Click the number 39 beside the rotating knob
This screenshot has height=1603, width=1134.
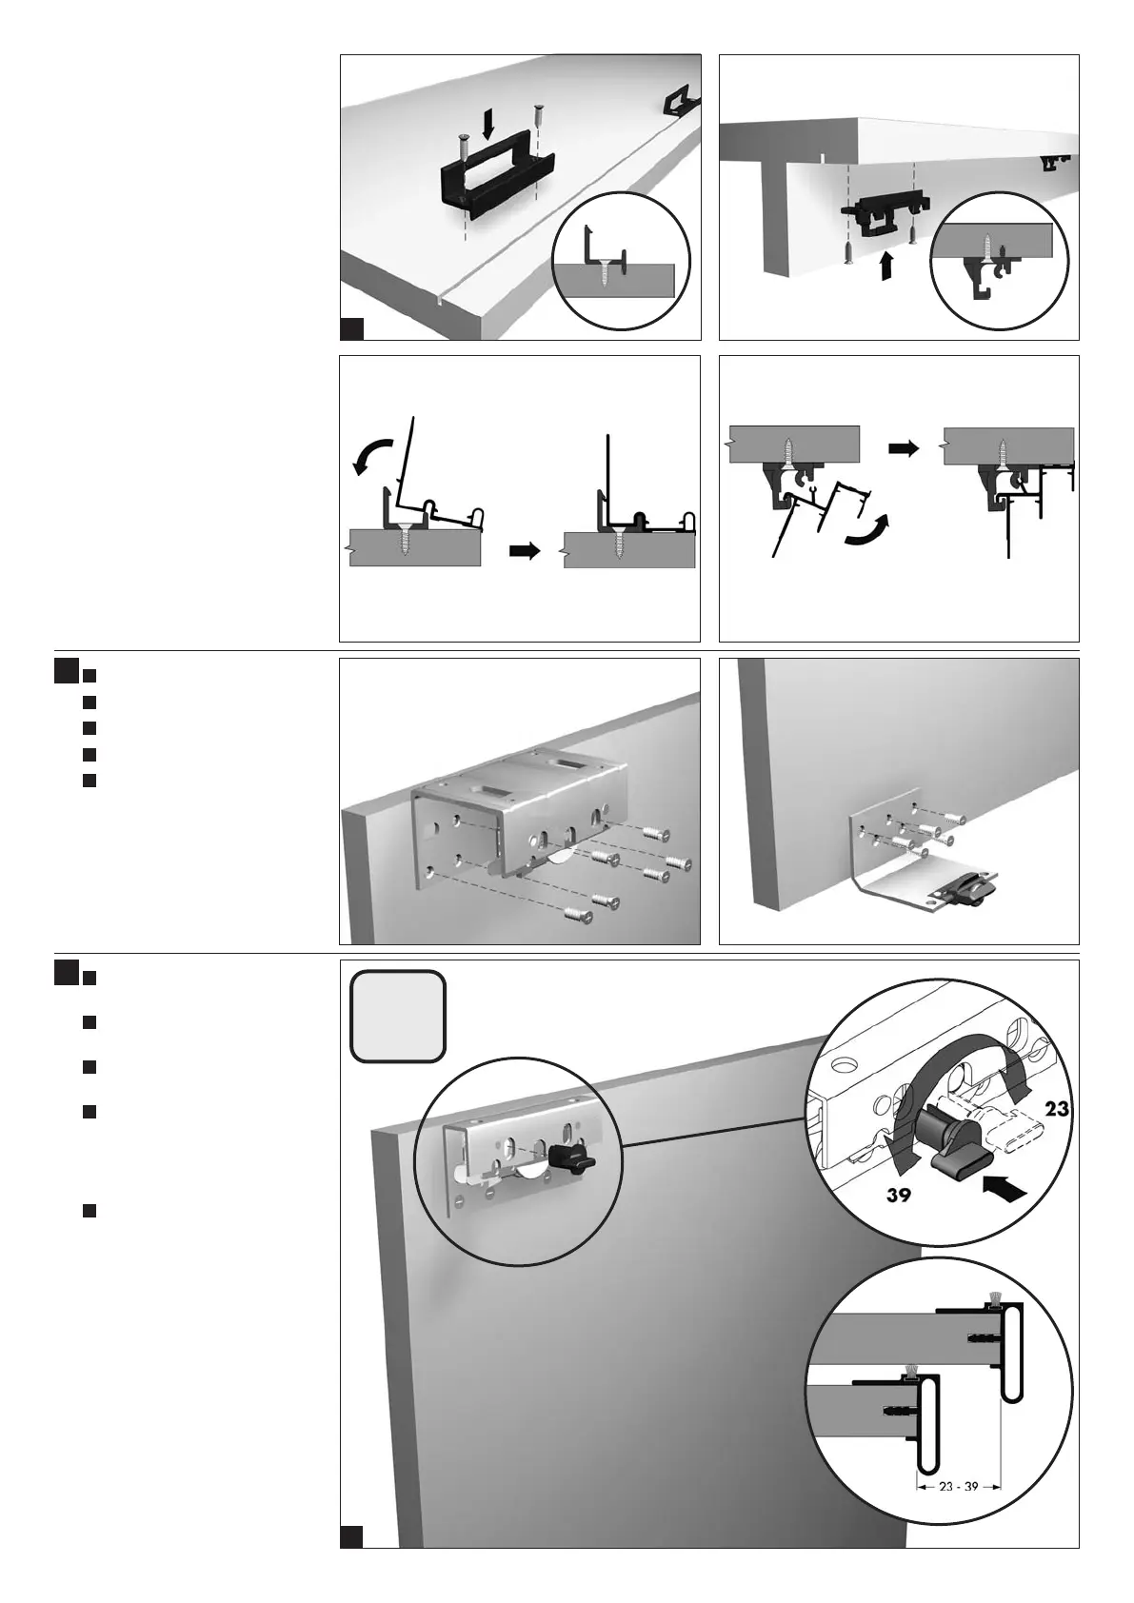pyautogui.click(x=900, y=1196)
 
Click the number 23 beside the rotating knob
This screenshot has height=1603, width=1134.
pyautogui.click(x=1057, y=1109)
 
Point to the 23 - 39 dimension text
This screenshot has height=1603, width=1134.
pyautogui.click(x=958, y=1486)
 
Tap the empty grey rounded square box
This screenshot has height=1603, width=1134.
pyautogui.click(x=397, y=1016)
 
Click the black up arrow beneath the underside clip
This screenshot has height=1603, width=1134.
pyautogui.click(x=886, y=265)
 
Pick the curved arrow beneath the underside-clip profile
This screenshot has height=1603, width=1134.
pyautogui.click(x=868, y=530)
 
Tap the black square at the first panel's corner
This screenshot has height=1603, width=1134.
pyautogui.click(x=351, y=328)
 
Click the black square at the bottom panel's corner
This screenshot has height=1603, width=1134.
pyautogui.click(x=351, y=1535)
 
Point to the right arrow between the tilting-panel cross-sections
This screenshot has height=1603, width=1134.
pyautogui.click(x=525, y=550)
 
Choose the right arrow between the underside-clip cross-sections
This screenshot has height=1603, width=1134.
pyautogui.click(x=904, y=447)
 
